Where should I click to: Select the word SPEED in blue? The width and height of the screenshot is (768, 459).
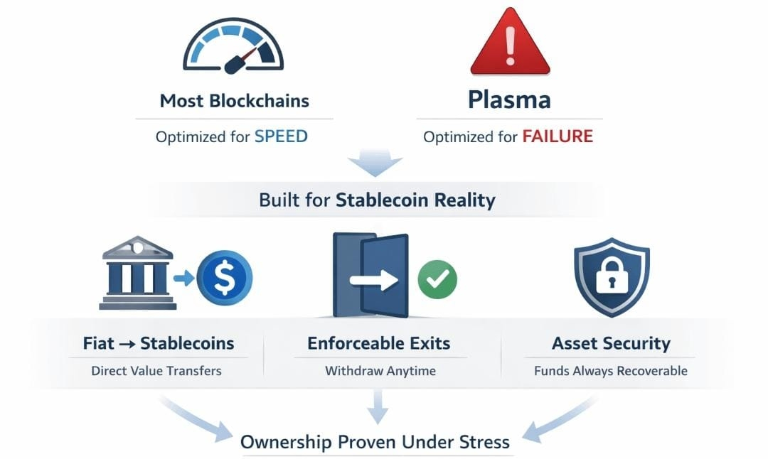pos(281,136)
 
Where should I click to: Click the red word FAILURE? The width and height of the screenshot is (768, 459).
pos(558,136)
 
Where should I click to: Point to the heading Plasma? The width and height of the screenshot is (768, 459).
pos(509,99)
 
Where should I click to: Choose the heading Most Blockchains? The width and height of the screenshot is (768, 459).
pos(234,100)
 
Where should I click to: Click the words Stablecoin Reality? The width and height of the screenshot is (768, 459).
pos(415,200)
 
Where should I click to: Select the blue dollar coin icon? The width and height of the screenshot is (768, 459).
pos(224,277)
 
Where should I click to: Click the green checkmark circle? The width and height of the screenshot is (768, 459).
pos(437,279)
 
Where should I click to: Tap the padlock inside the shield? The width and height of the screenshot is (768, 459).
pos(611,276)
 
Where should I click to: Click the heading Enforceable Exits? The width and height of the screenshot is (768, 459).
pos(379,343)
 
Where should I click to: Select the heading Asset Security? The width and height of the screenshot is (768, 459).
pos(611,344)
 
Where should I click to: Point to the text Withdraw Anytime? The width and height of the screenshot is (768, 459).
pos(380,371)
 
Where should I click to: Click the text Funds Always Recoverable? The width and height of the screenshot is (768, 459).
pos(611,371)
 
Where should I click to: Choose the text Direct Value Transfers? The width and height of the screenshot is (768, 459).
pos(156,371)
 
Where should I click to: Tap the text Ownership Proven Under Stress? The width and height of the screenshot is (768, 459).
pos(375,442)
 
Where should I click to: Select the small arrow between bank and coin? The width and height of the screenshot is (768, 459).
pos(183,278)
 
